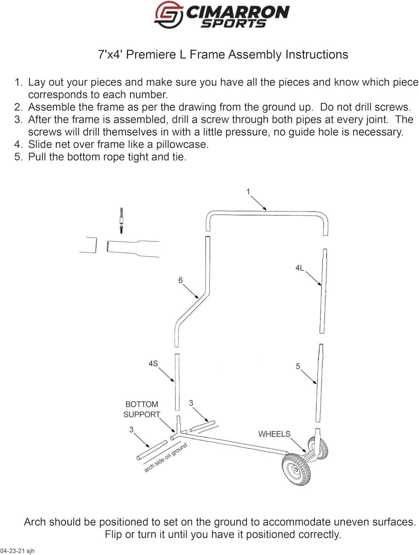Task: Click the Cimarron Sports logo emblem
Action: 168,14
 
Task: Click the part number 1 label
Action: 248,192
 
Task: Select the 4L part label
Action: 300,268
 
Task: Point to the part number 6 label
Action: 180,280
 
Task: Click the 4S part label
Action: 153,364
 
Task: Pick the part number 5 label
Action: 298,366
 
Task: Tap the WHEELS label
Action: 274,434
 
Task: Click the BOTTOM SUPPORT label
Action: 142,410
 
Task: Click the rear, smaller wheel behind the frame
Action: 319,448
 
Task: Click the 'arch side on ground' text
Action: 165,458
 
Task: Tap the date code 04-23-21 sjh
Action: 17,551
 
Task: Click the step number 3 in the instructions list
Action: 19,120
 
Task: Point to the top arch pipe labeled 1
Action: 267,212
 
